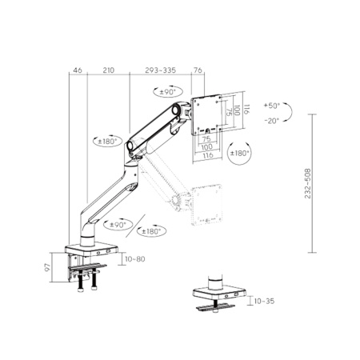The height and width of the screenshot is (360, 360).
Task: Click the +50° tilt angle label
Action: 273,106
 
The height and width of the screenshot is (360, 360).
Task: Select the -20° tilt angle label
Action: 273,121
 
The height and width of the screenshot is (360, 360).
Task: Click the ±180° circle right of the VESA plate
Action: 239,152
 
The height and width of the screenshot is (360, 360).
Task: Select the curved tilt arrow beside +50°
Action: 293,112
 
